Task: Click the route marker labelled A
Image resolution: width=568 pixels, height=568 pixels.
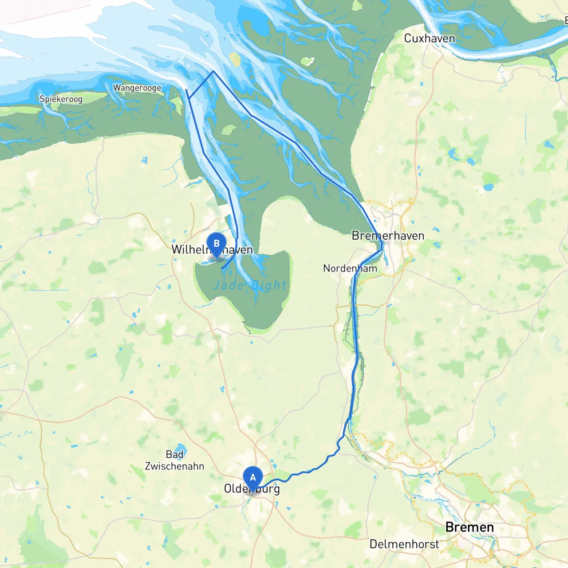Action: pyautogui.click(x=253, y=478)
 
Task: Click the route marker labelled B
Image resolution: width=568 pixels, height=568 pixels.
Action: pyautogui.click(x=217, y=244)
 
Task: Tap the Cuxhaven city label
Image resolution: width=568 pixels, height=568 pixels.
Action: pyautogui.click(x=429, y=39)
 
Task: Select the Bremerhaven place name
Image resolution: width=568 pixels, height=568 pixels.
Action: pyautogui.click(x=388, y=236)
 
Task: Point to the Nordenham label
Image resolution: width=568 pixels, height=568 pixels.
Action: pyautogui.click(x=350, y=268)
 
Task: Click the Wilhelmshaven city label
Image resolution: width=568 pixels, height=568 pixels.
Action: pyautogui.click(x=212, y=250)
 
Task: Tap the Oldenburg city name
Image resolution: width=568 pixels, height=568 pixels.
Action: pyautogui.click(x=252, y=489)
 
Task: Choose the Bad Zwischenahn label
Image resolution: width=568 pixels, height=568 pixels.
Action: pyautogui.click(x=174, y=460)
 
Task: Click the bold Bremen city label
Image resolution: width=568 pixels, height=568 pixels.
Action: pyautogui.click(x=469, y=527)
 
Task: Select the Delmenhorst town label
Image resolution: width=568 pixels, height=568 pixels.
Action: pyautogui.click(x=404, y=544)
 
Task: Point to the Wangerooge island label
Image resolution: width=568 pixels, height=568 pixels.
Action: pyautogui.click(x=137, y=88)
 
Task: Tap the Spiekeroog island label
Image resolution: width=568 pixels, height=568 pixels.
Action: pyautogui.click(x=61, y=99)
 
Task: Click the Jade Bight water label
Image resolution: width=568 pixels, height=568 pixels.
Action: pyautogui.click(x=250, y=285)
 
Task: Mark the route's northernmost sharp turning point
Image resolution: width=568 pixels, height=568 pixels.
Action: pyautogui.click(x=213, y=71)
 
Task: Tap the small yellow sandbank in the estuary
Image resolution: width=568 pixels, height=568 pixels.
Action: pyautogui.click(x=234, y=59)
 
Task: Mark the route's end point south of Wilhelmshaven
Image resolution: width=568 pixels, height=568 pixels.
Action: pyautogui.click(x=222, y=268)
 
